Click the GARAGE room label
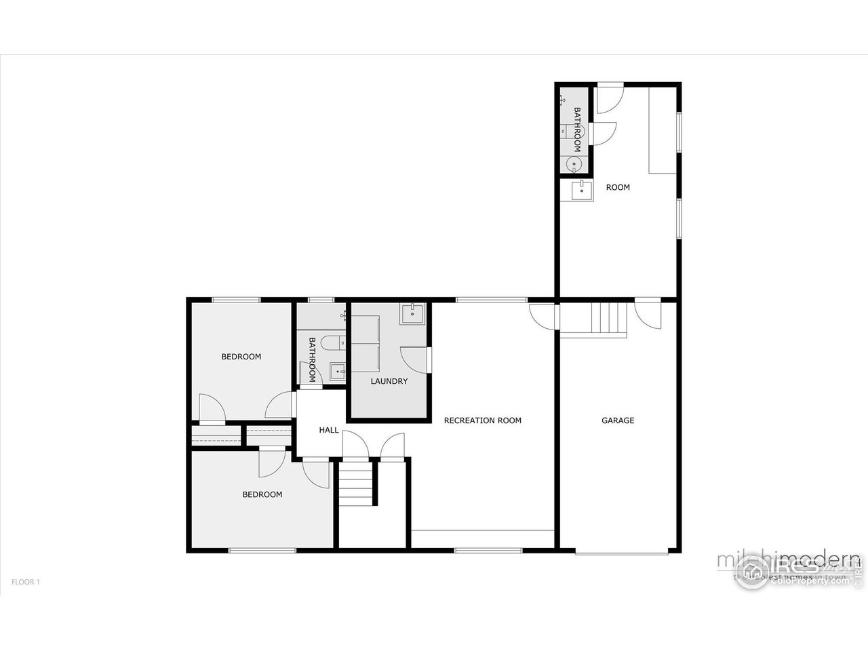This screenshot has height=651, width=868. [x=618, y=420]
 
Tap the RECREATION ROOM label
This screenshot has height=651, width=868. [x=482, y=420]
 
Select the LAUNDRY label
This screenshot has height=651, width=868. [x=389, y=381]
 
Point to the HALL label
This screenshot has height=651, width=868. [x=329, y=430]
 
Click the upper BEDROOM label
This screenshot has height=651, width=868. [x=241, y=357]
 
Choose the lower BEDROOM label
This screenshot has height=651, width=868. [x=262, y=494]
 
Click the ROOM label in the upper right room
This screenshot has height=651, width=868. [x=618, y=187]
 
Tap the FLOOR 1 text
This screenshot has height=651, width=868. [x=26, y=582]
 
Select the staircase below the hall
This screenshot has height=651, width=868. [x=357, y=482]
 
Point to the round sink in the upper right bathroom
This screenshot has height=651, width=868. [x=574, y=163]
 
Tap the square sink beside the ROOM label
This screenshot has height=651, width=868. [x=581, y=191]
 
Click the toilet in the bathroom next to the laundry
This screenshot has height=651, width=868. [x=332, y=344]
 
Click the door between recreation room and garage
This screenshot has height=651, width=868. [x=545, y=316]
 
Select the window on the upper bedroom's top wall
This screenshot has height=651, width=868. [x=236, y=300]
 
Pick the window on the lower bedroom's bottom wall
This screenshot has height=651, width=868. [x=262, y=550]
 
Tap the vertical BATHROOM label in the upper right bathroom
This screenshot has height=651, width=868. [x=578, y=130]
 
